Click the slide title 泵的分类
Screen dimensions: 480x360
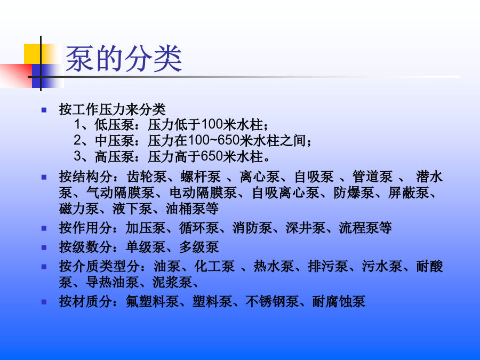(x=124, y=59)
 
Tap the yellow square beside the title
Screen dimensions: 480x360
(x=37, y=54)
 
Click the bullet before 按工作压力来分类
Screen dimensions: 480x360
(x=44, y=109)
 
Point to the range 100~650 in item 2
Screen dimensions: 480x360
(x=213, y=140)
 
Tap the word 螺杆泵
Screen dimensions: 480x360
(x=201, y=177)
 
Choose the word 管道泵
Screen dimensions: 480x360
(x=372, y=177)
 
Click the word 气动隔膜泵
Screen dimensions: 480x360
(x=121, y=193)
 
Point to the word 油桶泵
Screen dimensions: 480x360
(x=186, y=209)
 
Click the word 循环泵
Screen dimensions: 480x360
(x=199, y=228)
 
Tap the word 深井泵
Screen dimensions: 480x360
(x=306, y=228)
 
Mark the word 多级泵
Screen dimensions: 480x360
(x=199, y=247)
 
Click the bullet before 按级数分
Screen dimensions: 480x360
(x=44, y=247)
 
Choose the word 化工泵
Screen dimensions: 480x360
(x=214, y=267)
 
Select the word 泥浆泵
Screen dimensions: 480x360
(x=172, y=282)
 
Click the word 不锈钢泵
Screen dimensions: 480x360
(x=272, y=302)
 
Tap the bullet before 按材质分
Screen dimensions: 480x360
(x=44, y=302)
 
